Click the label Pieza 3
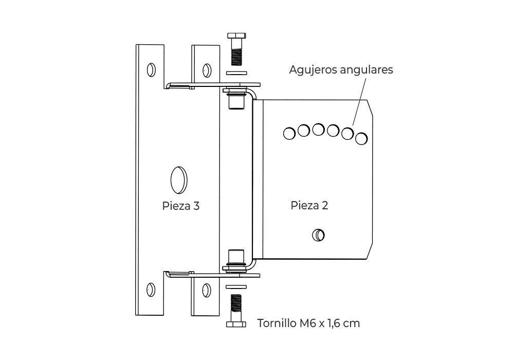click(180, 206)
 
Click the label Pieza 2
click(309, 205)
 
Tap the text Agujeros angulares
click(341, 70)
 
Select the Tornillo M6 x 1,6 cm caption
click(308, 323)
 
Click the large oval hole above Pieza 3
click(179, 180)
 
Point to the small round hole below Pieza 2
click(318, 235)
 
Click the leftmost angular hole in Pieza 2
click(289, 133)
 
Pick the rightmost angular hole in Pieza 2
click(361, 139)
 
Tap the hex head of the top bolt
click(236, 35)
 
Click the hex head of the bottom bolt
click(236, 325)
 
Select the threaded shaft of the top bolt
click(236, 57)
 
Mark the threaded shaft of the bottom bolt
click(236, 302)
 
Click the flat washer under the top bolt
click(236, 73)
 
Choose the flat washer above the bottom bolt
click(236, 287)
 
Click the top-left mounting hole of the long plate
click(151, 70)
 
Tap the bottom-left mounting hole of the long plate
click(151, 290)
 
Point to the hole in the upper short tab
click(207, 70)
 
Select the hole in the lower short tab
click(207, 290)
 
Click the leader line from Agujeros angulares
click(359, 102)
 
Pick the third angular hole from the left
click(318, 130)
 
